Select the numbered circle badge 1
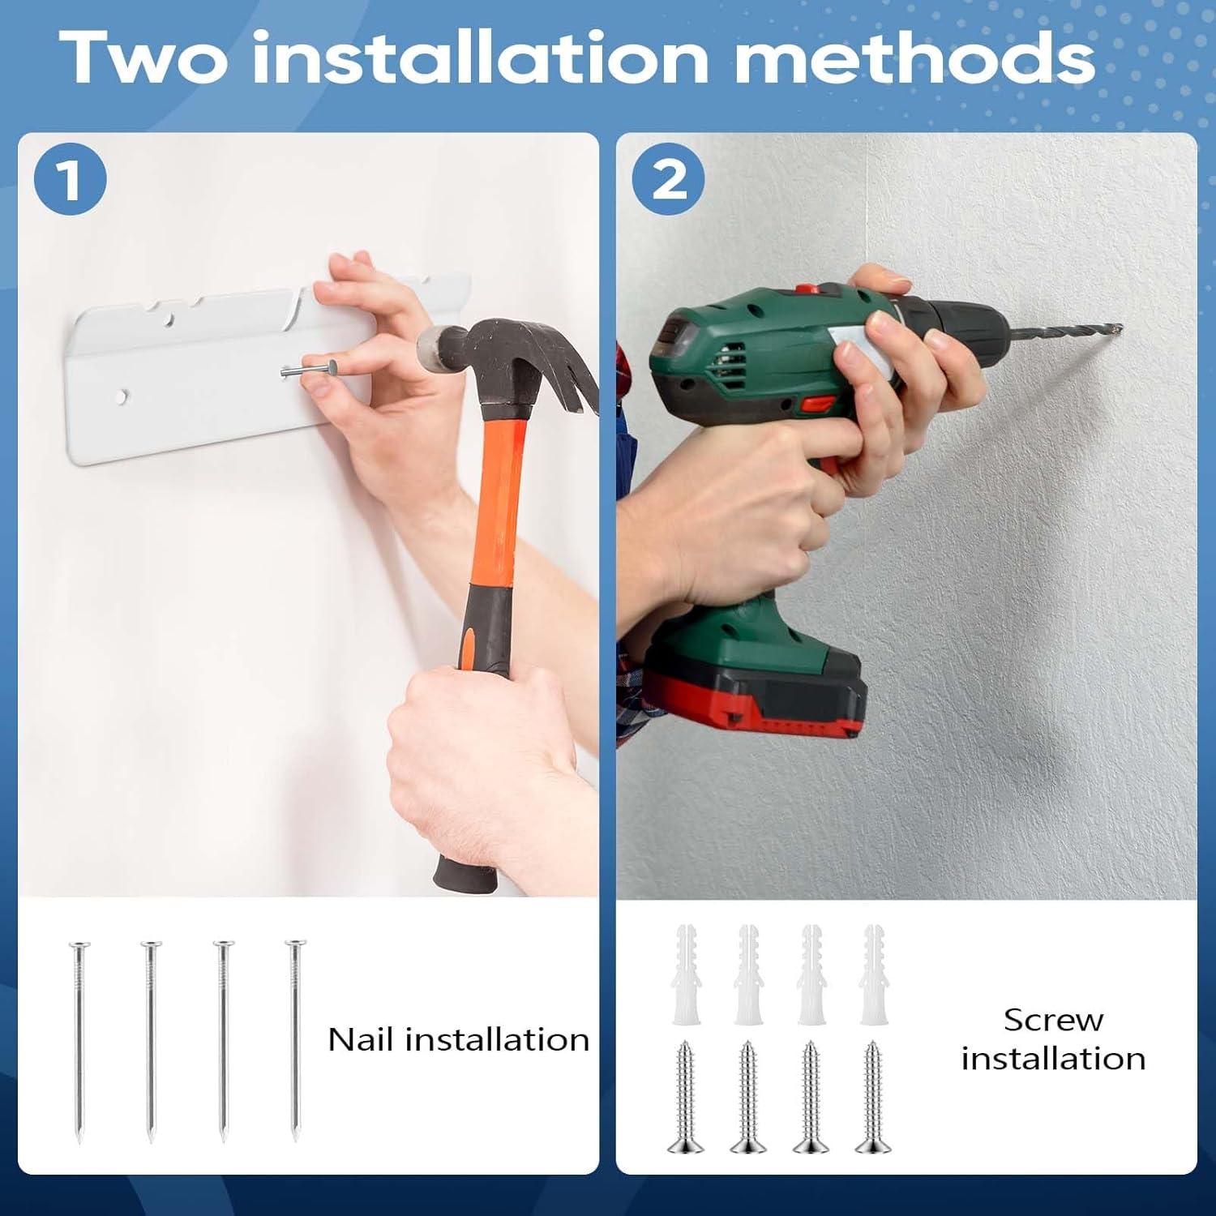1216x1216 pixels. [71, 178]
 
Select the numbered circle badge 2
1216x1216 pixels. [669, 178]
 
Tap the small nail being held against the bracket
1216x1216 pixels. [309, 370]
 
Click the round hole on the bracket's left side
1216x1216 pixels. [122, 396]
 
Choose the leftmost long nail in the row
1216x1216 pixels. [79, 1042]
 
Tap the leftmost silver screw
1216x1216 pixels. [686, 1096]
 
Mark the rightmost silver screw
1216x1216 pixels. [873, 1096]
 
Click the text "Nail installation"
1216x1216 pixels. [458, 1039]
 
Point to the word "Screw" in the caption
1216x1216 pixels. [1053, 1020]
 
